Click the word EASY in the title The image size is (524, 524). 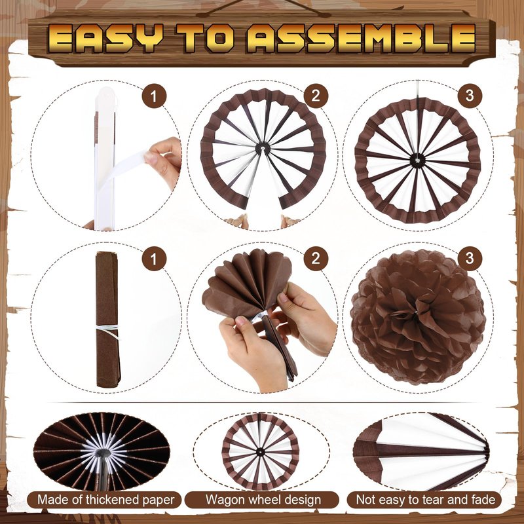[105, 39]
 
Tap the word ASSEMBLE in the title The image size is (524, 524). [362, 39]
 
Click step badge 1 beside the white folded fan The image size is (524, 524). [154, 96]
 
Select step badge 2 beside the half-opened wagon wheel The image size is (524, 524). [316, 96]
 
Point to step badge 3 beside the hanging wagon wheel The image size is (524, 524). [470, 96]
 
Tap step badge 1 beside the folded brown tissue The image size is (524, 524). [154, 258]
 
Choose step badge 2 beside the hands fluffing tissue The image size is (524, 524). [316, 258]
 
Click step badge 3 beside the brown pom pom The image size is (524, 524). [470, 258]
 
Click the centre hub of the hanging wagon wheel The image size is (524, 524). [417, 160]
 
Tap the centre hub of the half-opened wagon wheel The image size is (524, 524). [263, 147]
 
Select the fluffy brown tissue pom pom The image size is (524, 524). [417, 316]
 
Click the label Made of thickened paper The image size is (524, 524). [105, 500]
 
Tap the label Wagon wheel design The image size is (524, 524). [263, 500]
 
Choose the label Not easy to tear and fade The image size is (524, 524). [425, 500]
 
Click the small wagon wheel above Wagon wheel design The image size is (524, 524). [260, 452]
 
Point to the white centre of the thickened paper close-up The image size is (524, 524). [103, 452]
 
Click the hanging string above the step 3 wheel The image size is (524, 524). [417, 89]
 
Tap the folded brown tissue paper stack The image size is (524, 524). [107, 320]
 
